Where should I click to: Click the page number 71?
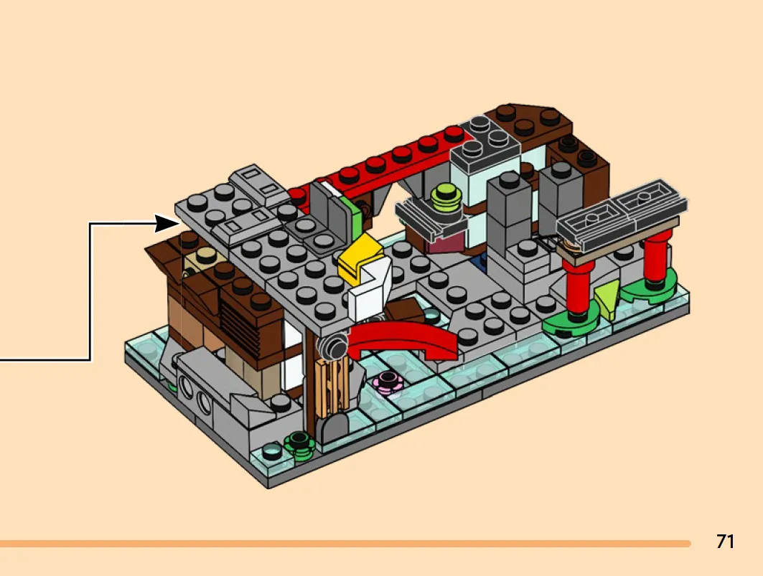click(x=725, y=541)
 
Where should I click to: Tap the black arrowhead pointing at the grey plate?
click(x=167, y=224)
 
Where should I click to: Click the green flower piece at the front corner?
click(x=299, y=445)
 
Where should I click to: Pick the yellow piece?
click(x=359, y=258)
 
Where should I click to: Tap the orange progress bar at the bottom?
click(x=345, y=544)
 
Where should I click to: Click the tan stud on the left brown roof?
click(x=203, y=257)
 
